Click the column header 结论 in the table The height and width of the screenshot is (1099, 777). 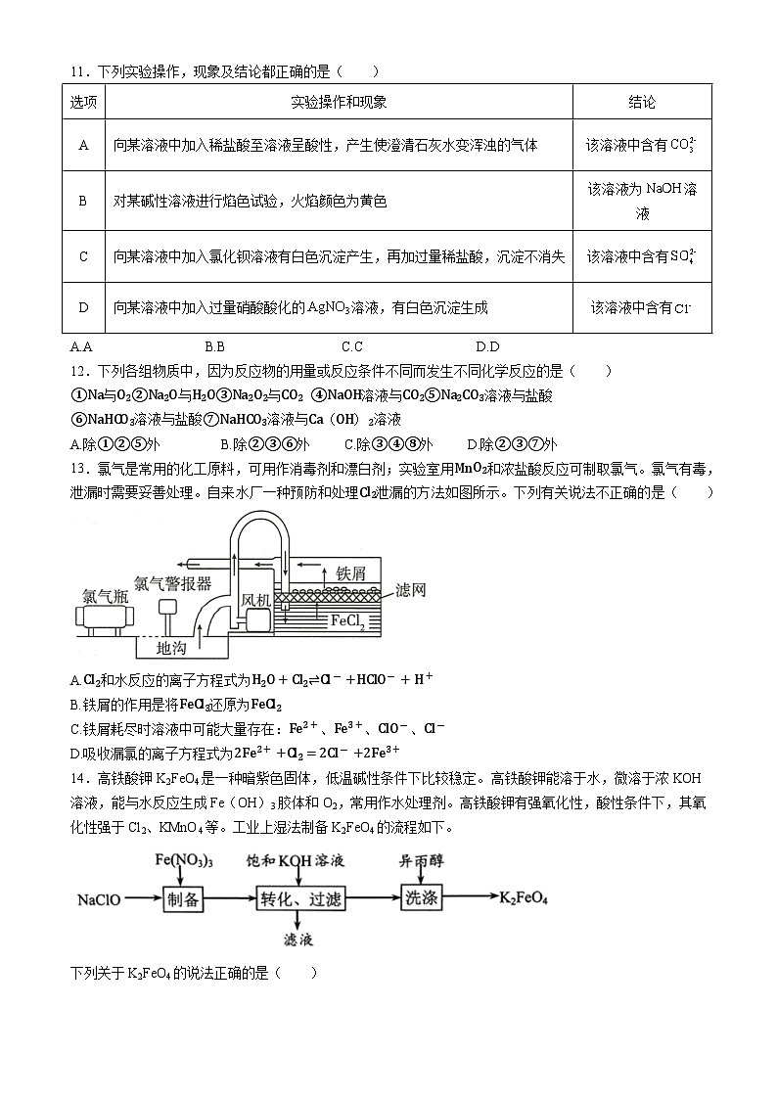tap(641, 102)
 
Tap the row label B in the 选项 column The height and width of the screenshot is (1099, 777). tap(83, 201)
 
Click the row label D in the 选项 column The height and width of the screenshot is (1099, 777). tap(83, 308)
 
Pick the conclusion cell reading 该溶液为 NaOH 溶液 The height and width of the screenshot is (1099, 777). tap(641, 201)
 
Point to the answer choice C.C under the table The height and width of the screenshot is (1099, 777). tap(351, 346)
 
